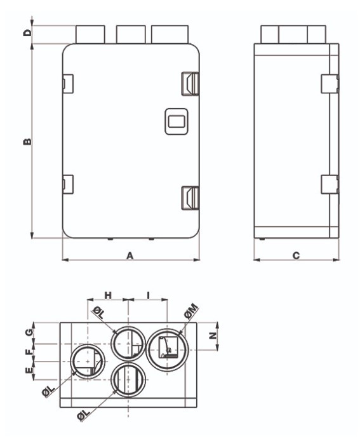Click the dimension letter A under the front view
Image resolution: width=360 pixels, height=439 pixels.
[x=130, y=255]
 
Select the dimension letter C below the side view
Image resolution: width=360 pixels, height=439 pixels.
[x=296, y=255]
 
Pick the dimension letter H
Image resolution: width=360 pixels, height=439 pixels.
[x=108, y=295]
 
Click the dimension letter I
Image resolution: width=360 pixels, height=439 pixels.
[x=148, y=295]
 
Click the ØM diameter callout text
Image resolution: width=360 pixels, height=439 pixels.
[x=190, y=310]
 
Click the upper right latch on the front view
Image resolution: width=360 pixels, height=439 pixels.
[x=190, y=83]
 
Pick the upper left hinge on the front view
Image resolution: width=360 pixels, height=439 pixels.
[x=67, y=82]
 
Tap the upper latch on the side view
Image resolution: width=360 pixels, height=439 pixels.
[x=329, y=83]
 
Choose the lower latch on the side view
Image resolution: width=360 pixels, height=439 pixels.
[x=329, y=184]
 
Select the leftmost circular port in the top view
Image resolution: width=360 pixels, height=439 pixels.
[x=86, y=363]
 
